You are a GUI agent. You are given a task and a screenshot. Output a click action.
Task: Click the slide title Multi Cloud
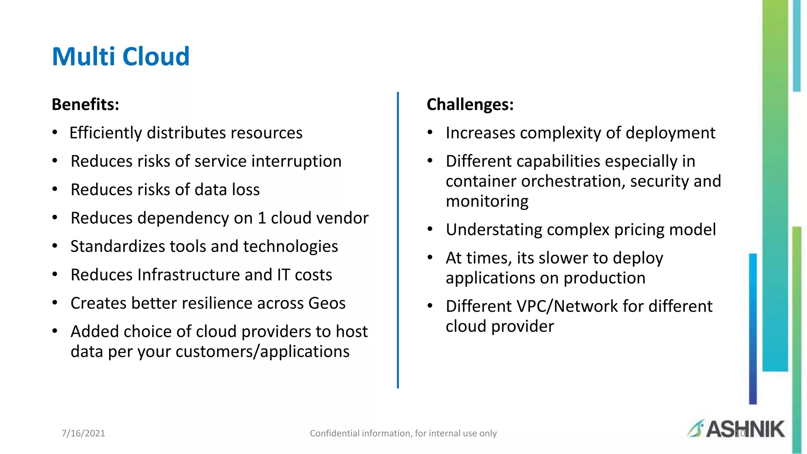pos(121,56)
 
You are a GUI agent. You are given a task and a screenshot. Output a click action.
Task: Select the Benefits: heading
pos(86,104)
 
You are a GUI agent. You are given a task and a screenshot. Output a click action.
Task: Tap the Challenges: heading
pos(470,104)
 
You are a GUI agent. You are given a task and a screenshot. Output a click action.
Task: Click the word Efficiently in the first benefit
pos(105,133)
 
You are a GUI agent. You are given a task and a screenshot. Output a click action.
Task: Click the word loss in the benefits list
pos(245,190)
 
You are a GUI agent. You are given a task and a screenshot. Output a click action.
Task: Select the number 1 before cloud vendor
pos(262,218)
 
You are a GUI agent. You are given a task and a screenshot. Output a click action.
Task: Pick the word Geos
pos(327,303)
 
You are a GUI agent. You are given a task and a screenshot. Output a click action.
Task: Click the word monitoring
pos(487,201)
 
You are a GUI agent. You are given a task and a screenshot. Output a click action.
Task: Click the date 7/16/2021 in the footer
pos(84,434)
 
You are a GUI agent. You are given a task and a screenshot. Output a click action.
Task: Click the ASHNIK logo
pos(736,429)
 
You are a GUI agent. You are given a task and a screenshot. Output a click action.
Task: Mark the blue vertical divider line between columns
pos(398,240)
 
